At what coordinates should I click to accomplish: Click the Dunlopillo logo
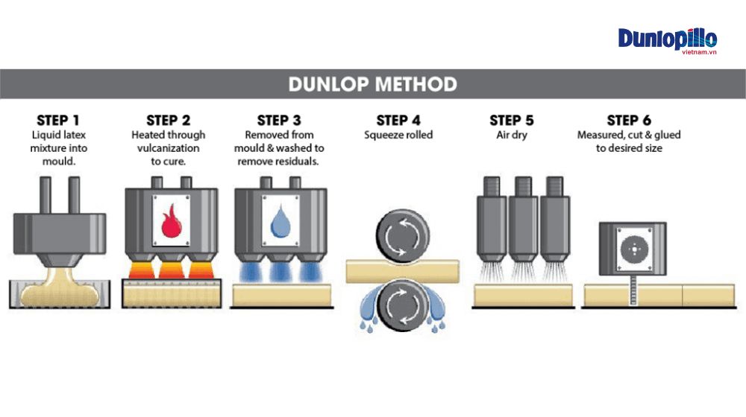pyautogui.click(x=667, y=39)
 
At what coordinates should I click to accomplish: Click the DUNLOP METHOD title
pyautogui.click(x=373, y=84)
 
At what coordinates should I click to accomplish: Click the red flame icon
pyautogui.click(x=169, y=220)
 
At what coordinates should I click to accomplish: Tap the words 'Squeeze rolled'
pyautogui.click(x=398, y=136)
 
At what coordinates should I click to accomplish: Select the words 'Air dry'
pyautogui.click(x=512, y=136)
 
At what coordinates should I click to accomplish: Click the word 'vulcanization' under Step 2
pyautogui.click(x=168, y=148)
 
